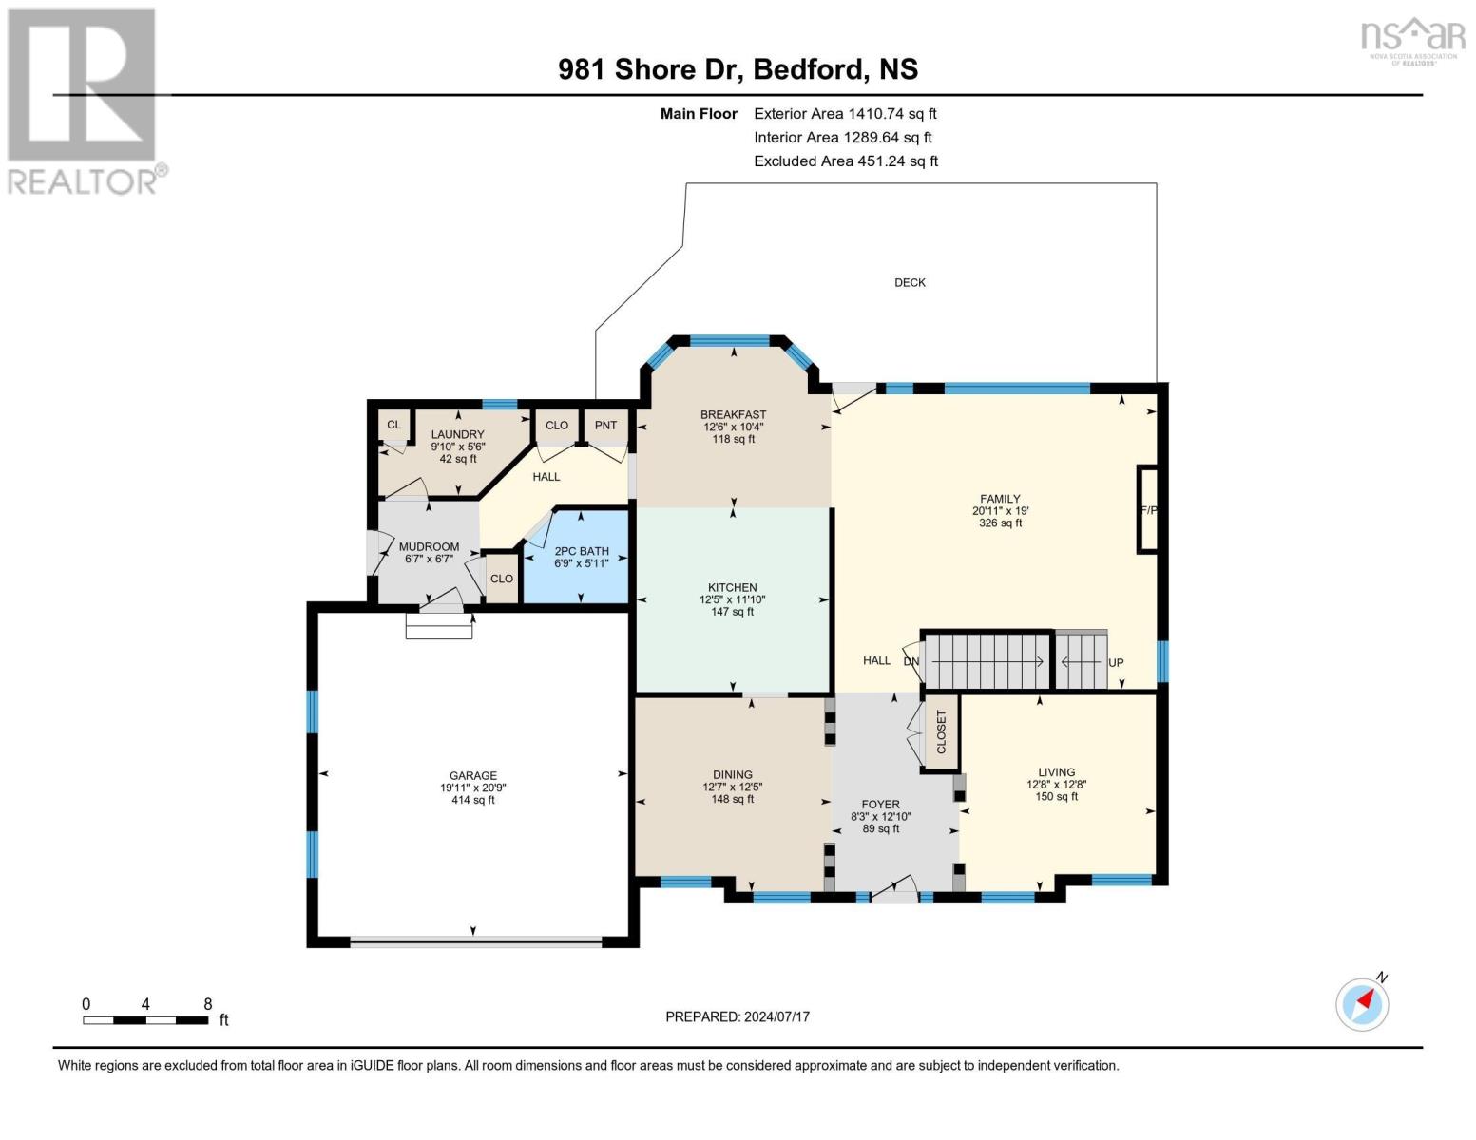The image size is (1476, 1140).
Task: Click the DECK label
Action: pos(910,282)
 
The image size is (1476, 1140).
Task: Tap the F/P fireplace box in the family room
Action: pos(1148,509)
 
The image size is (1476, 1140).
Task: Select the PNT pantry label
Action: pos(605,425)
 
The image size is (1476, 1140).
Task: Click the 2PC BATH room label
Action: pos(582,551)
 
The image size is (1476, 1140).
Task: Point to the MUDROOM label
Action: pos(429,546)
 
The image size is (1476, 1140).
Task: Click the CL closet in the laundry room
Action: pos(394,425)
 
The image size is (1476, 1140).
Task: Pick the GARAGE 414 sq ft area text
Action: pos(473,800)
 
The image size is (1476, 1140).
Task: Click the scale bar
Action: pos(145,1020)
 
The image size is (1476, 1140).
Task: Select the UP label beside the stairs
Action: pos(1116,663)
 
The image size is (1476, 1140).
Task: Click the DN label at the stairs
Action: pos(911,661)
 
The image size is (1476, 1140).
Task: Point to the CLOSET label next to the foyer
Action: pos(941,731)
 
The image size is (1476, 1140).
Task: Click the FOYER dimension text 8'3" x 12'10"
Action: pos(881,817)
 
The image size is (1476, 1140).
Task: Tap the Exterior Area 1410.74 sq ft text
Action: pos(845,114)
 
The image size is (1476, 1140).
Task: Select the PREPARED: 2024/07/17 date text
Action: pos(738,1016)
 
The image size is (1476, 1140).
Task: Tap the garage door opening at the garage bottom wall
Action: pos(475,941)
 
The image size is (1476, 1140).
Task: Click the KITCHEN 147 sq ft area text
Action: pos(732,612)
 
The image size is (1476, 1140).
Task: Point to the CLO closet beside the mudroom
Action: pos(502,579)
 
